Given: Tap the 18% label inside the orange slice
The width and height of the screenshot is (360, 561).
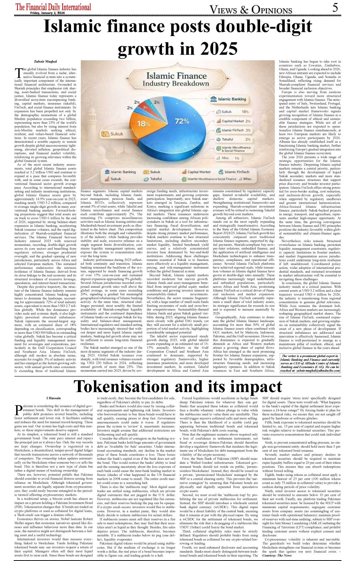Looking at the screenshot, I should click(x=143, y=124).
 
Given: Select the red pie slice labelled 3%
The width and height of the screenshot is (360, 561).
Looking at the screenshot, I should click(x=145, y=107).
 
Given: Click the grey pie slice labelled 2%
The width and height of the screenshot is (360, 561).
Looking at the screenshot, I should click(x=157, y=102).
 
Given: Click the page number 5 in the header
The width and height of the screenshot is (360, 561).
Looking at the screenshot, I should click(x=335, y=8).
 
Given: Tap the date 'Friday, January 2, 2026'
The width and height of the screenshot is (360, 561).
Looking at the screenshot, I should click(x=47, y=13).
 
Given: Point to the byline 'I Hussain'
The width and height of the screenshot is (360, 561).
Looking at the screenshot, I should click(x=54, y=398).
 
